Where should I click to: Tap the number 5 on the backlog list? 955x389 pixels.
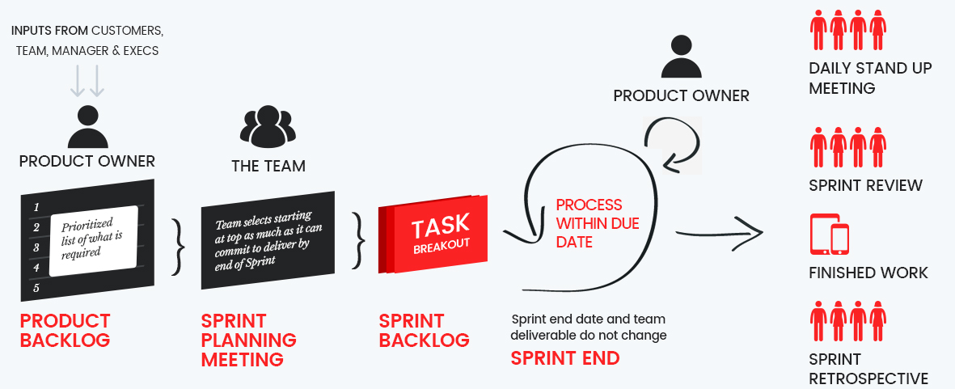point(36,288)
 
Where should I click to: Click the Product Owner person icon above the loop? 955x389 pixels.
point(681,57)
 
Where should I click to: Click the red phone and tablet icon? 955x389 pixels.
point(830,235)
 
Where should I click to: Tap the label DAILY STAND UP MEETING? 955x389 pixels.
point(870,78)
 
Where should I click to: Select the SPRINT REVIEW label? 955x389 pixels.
point(865,185)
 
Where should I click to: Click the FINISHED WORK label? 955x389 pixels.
point(868,273)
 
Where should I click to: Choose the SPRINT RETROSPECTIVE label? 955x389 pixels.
point(868,369)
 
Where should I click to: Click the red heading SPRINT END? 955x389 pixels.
point(565,357)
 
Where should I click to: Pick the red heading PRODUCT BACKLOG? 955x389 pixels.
point(65,330)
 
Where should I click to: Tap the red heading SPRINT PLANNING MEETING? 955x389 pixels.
point(248,340)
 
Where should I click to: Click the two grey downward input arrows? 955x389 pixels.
point(87,81)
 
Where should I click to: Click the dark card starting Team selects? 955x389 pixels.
point(267,239)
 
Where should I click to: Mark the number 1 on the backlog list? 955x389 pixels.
point(36,208)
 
